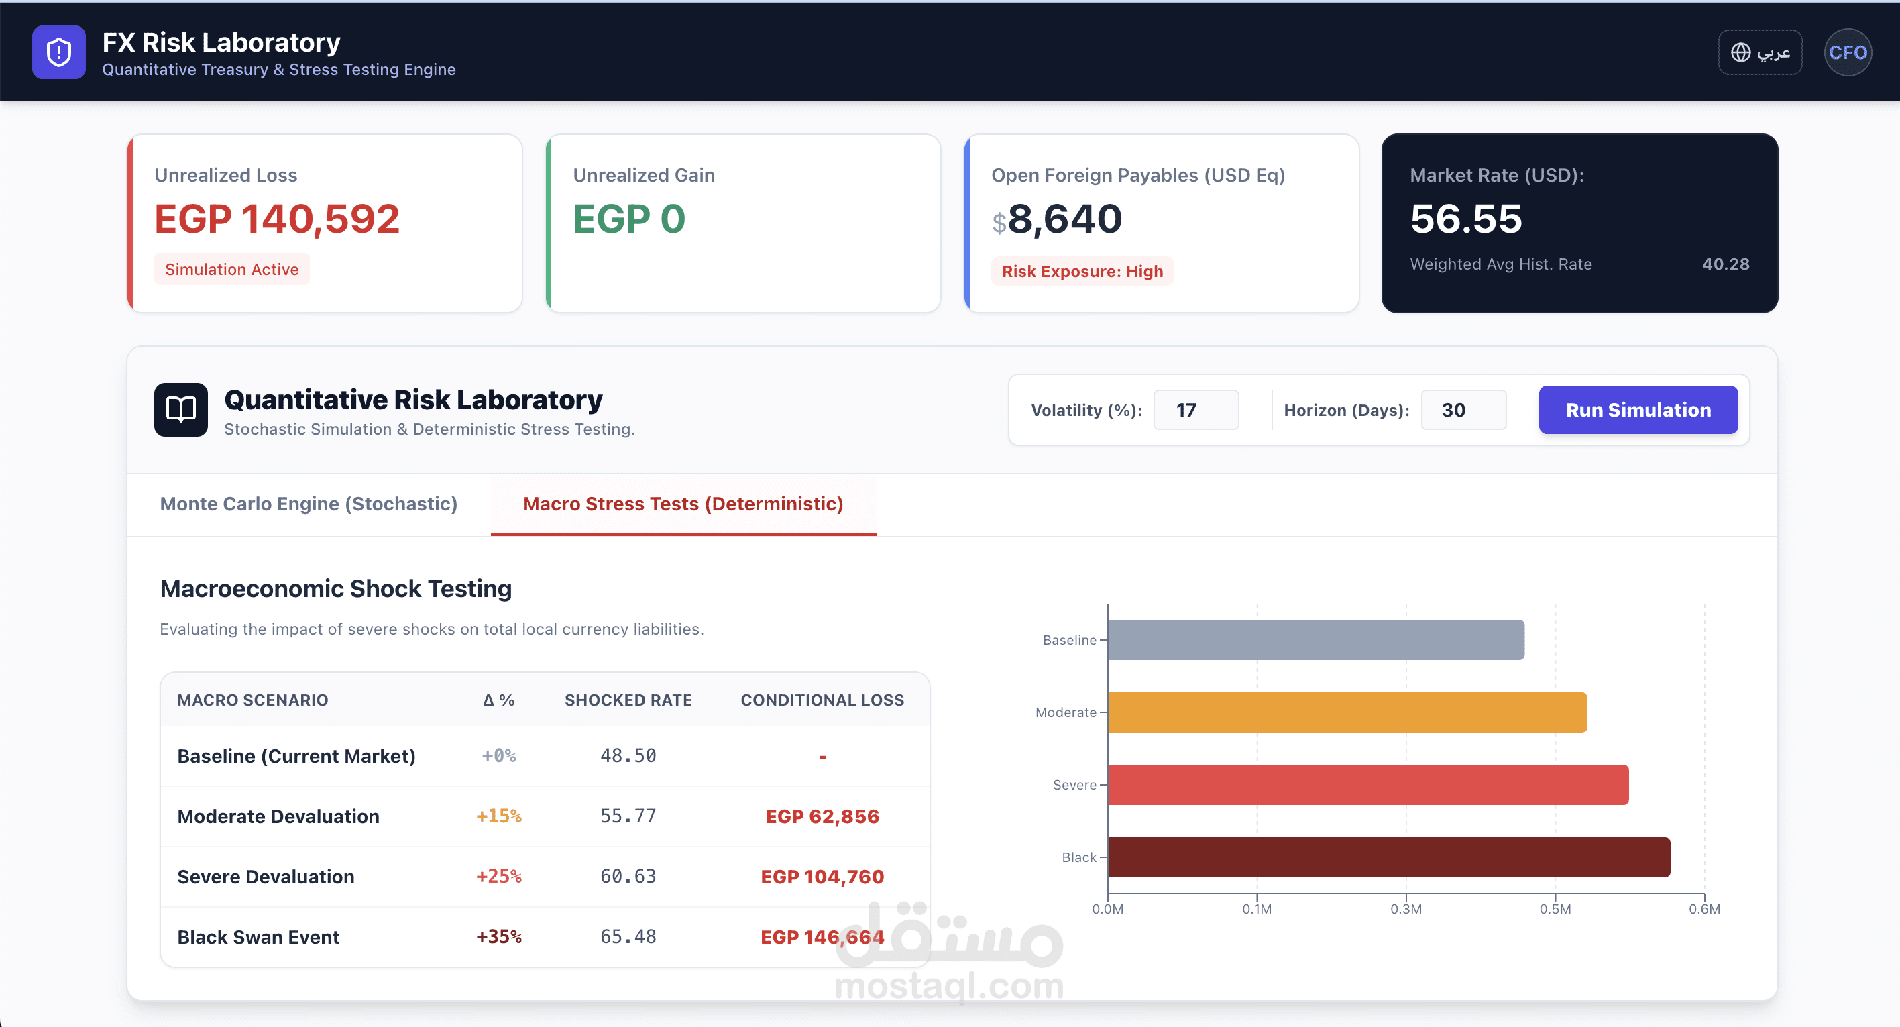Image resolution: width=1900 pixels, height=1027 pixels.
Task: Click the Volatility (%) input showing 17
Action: pyautogui.click(x=1196, y=411)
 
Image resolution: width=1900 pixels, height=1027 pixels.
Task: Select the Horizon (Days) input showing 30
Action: pyautogui.click(x=1463, y=411)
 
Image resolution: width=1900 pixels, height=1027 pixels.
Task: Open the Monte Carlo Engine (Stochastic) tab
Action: pyautogui.click(x=309, y=504)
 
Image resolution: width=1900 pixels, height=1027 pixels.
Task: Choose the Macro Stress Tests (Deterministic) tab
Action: pyautogui.click(x=683, y=504)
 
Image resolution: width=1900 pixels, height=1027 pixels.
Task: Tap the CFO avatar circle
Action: pyautogui.click(x=1847, y=52)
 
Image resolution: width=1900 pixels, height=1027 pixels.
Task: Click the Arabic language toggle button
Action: pyautogui.click(x=1760, y=52)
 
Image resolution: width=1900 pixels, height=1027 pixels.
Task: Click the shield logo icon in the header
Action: pyautogui.click(x=59, y=52)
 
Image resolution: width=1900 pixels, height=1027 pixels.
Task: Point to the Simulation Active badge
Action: pyautogui.click(x=231, y=269)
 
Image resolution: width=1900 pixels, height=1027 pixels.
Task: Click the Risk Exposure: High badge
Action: pyautogui.click(x=1082, y=272)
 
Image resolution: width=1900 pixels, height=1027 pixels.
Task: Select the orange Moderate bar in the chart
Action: pyautogui.click(x=1347, y=712)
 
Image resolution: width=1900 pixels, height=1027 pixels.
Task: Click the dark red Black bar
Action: pyautogui.click(x=1388, y=857)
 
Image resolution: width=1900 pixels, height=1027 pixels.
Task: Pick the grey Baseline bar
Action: pyautogui.click(x=1315, y=640)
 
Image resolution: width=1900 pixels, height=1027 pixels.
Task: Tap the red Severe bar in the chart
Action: pyautogui.click(x=1367, y=784)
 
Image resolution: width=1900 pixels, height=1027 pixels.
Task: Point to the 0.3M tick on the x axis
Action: pyautogui.click(x=1406, y=908)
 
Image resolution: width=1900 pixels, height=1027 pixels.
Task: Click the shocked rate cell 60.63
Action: pyautogui.click(x=628, y=877)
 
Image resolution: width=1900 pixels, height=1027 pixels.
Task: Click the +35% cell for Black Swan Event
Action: pyautogui.click(x=498, y=937)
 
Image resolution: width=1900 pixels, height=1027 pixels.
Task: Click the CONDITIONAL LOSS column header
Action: pyautogui.click(x=822, y=700)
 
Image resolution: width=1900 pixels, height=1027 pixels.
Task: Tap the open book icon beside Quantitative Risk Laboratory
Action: pyautogui.click(x=180, y=409)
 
